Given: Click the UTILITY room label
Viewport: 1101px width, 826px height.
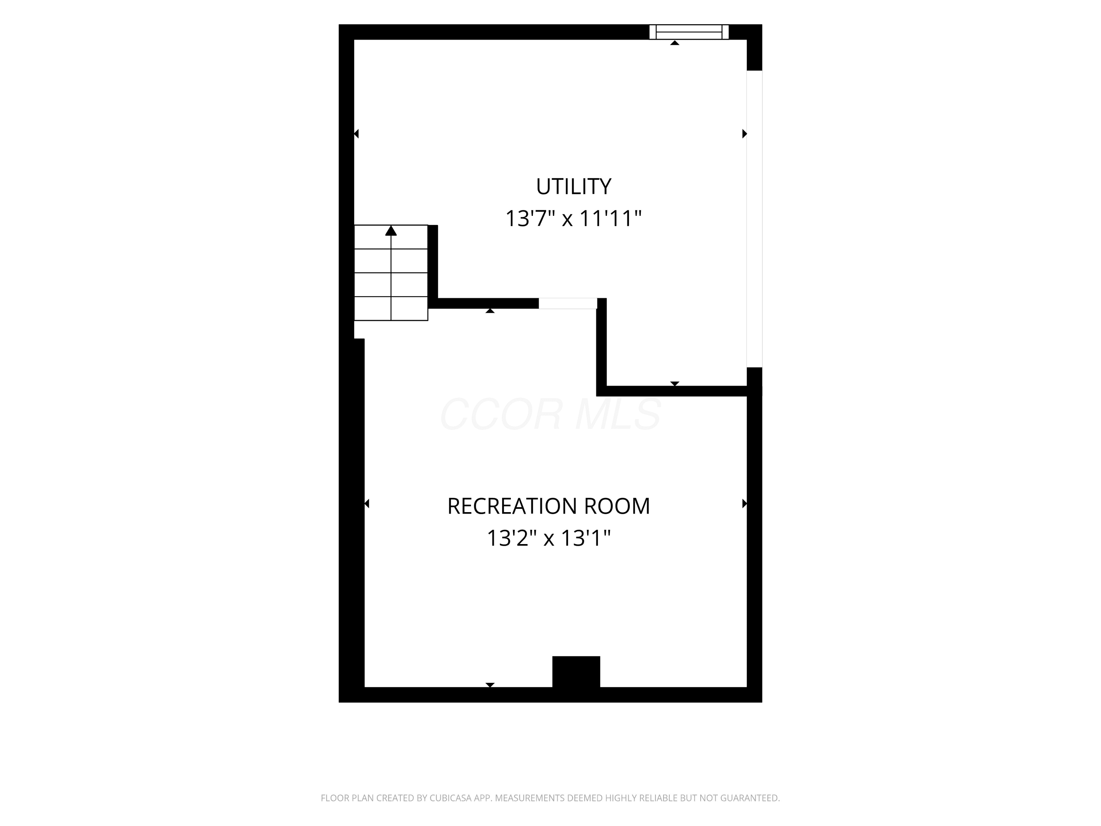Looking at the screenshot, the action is [x=573, y=187].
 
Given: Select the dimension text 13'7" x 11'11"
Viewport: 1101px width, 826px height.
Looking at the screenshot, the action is [x=573, y=218].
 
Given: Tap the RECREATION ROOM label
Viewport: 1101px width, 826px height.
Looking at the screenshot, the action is [x=549, y=506].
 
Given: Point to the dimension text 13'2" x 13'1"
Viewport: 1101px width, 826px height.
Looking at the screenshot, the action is [x=549, y=538].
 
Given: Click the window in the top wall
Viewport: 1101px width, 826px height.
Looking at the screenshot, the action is [x=689, y=32].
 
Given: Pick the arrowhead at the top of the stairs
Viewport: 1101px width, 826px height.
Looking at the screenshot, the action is [x=391, y=231].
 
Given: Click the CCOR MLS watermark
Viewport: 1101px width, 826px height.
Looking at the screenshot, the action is [x=550, y=414].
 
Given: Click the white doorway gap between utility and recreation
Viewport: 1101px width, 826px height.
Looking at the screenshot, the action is [x=567, y=303].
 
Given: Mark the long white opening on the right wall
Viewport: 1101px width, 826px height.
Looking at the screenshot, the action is [x=754, y=219].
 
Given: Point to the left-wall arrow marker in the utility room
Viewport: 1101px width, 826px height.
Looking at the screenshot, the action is [x=356, y=133].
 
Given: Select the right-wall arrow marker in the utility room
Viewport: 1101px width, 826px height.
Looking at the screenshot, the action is [x=745, y=133].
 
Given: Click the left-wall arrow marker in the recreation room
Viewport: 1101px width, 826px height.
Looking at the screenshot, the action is [x=367, y=503].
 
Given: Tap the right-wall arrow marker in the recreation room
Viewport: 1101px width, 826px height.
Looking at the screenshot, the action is [x=745, y=503].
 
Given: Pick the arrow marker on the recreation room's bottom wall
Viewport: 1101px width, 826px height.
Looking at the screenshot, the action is [x=490, y=685].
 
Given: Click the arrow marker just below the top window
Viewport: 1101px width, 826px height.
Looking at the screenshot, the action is [x=675, y=43].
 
